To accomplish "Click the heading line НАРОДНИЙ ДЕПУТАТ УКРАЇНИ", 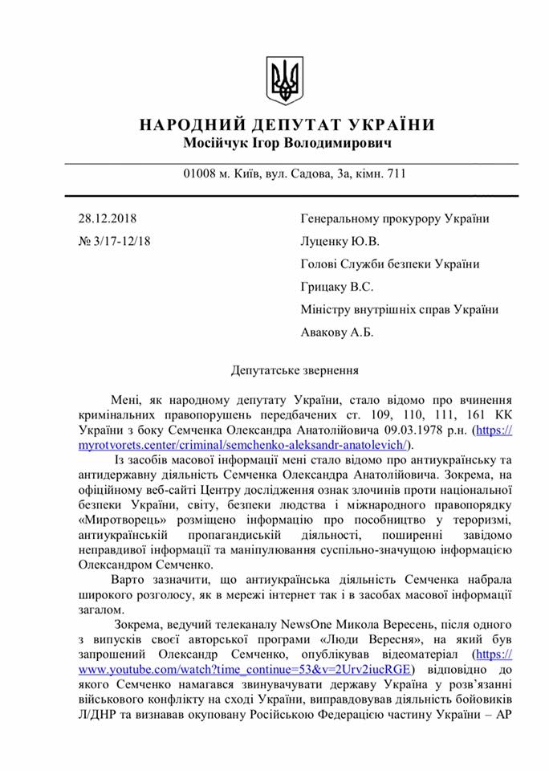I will coord(287,125).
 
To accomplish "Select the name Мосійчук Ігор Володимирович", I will coord(287,145).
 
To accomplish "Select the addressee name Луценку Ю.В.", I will coord(340,241).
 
